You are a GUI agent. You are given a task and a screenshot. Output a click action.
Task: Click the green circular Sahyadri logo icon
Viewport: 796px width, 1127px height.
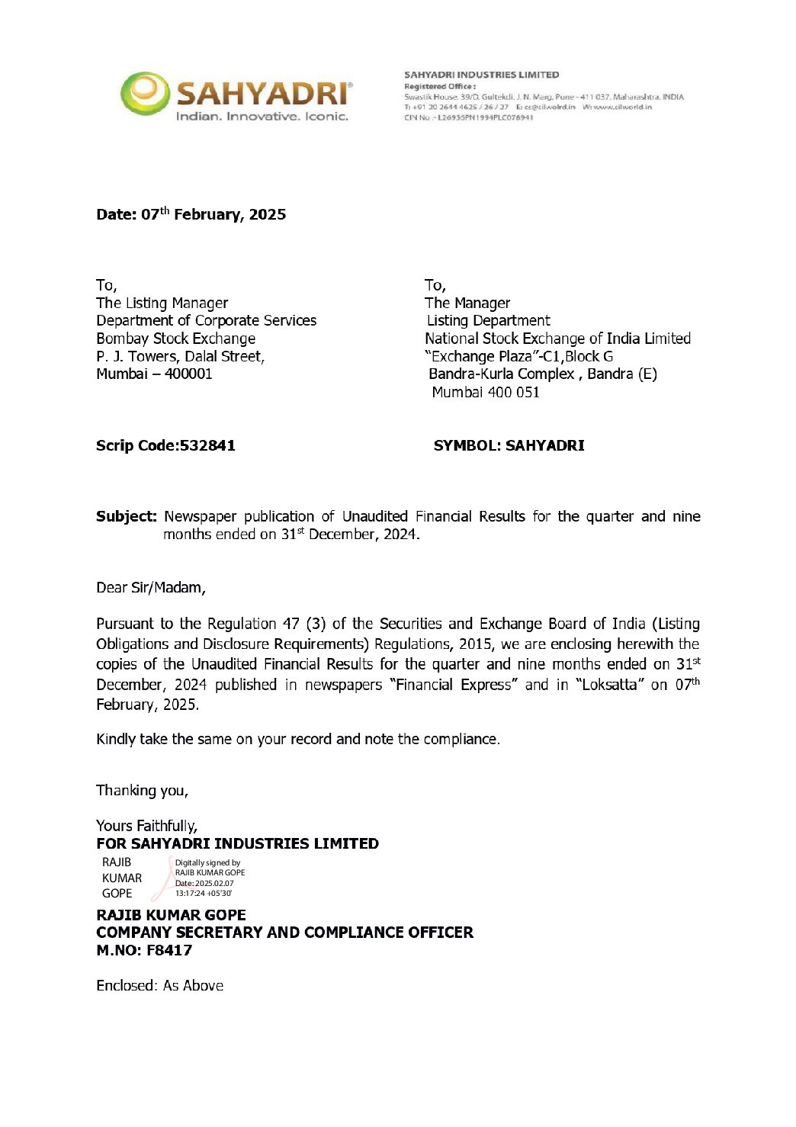click(144, 94)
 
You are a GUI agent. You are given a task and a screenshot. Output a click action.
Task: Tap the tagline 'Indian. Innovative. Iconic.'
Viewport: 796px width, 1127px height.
click(262, 117)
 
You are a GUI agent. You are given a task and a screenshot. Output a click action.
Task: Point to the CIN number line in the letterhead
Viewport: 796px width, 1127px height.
click(468, 117)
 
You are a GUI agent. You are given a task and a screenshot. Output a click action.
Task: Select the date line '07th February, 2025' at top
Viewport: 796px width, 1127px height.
click(191, 214)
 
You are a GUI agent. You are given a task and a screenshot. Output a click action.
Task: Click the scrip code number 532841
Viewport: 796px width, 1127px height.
click(207, 445)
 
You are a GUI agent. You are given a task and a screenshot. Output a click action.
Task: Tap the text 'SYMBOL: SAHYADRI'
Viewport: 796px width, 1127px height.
click(509, 445)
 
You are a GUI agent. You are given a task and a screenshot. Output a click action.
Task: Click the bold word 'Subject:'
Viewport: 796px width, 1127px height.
click(126, 516)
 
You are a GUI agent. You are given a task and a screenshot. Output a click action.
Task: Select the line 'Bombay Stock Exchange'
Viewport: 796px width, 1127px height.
click(175, 339)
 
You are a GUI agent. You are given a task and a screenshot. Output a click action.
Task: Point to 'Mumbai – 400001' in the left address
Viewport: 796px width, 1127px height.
click(154, 374)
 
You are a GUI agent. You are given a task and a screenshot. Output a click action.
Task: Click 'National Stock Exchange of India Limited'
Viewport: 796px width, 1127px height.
click(557, 339)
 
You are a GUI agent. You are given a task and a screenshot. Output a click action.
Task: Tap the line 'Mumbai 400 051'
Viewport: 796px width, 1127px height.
click(486, 392)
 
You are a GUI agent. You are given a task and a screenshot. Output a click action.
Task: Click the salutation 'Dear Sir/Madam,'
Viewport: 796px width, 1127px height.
click(151, 587)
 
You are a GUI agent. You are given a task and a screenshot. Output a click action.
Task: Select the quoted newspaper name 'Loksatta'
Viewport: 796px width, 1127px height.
click(609, 685)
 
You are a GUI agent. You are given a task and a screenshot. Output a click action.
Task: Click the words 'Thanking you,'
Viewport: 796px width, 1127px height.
click(142, 790)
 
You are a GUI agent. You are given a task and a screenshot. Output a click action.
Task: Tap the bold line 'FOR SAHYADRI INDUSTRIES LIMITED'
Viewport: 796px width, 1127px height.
click(237, 843)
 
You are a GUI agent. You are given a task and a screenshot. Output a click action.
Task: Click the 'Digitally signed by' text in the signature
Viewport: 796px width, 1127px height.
click(207, 863)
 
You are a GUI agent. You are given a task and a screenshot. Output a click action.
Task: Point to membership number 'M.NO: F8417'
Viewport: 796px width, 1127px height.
click(144, 950)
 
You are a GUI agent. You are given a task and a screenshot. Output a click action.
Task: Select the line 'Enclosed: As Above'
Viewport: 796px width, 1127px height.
click(159, 985)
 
